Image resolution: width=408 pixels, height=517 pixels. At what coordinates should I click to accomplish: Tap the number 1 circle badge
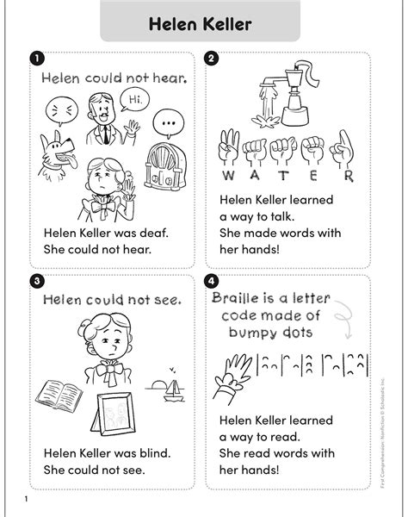36,59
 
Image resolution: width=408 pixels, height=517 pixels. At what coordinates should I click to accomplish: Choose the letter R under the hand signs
348,177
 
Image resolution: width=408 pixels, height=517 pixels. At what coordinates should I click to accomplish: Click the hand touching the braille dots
232,371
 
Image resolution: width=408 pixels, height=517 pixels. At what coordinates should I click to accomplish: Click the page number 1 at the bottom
27,501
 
